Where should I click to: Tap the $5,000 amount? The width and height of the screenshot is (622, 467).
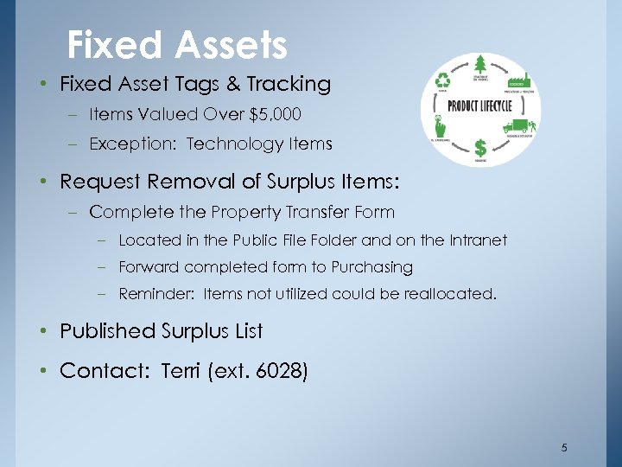pyautogui.click(x=278, y=114)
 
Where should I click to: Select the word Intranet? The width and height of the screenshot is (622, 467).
pyautogui.click(x=475, y=240)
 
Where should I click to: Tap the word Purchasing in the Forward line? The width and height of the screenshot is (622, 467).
pyautogui.click(x=371, y=267)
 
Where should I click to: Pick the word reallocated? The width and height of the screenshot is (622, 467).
pyautogui.click(x=449, y=294)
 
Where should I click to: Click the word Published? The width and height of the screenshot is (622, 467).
pyautogui.click(x=106, y=331)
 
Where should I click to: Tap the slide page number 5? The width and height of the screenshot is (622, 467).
pyautogui.click(x=564, y=447)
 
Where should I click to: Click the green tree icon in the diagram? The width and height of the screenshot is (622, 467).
pyautogui.click(x=481, y=65)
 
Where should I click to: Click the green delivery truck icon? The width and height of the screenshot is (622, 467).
pyautogui.click(x=519, y=126)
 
